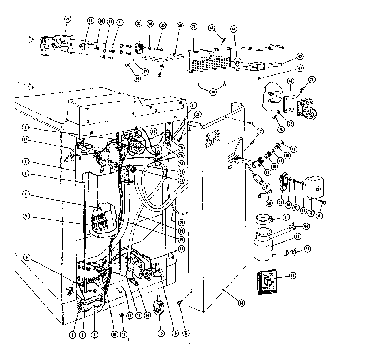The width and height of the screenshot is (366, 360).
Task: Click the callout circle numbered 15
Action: pos(160,332)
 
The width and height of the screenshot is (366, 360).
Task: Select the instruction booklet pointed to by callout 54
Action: pos(267,282)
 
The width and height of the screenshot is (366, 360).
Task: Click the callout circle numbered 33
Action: pos(139,24)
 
